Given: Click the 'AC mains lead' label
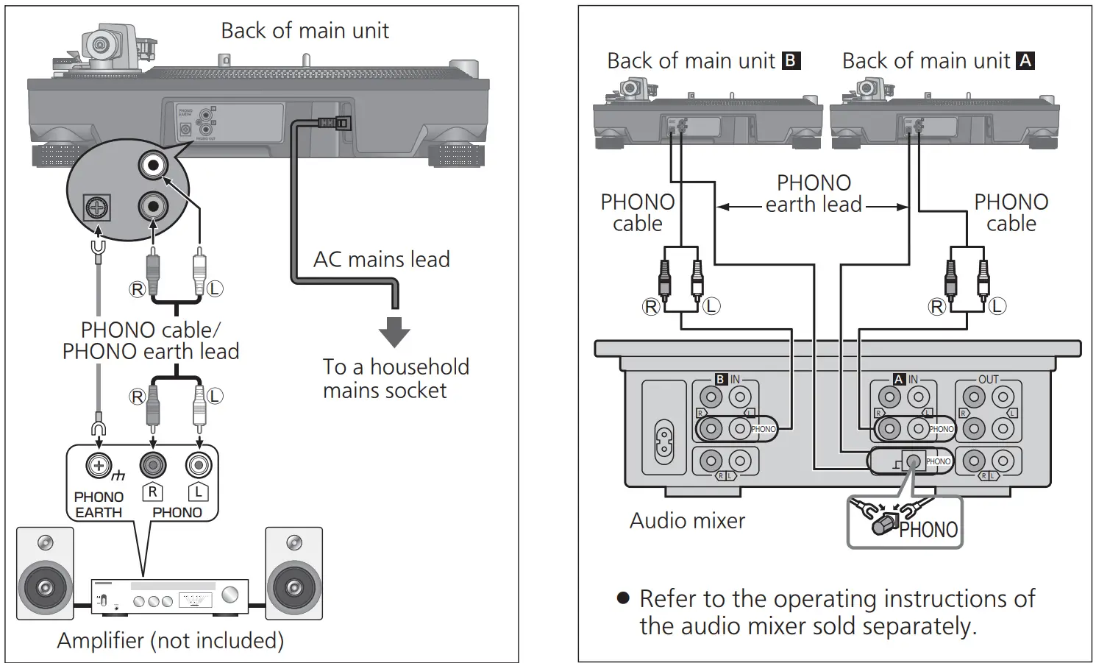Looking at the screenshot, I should [x=381, y=260].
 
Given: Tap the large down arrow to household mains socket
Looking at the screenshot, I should [x=394, y=332].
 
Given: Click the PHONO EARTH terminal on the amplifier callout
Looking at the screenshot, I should [x=98, y=465].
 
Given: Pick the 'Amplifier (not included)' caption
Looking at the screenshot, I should [x=170, y=641].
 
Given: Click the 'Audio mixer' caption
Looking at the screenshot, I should [x=687, y=521].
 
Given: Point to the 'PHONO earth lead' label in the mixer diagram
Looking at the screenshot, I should [x=814, y=194].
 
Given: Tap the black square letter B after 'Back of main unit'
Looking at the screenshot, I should [x=791, y=60].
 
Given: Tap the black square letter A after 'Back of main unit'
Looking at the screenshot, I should [x=1025, y=60].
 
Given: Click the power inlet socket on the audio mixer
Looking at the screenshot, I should [x=663, y=441].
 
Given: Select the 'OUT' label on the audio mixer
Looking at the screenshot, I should [x=988, y=380].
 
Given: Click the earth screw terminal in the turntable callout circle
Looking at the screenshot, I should [x=97, y=208].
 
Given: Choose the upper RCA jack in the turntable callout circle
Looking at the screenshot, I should [x=153, y=166].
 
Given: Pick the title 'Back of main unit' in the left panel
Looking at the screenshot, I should [x=305, y=31].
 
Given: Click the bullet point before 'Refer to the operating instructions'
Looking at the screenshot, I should [x=623, y=598].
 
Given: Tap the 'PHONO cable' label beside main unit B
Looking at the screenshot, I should [x=637, y=213].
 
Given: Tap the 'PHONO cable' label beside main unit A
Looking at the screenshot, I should [x=1011, y=213].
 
